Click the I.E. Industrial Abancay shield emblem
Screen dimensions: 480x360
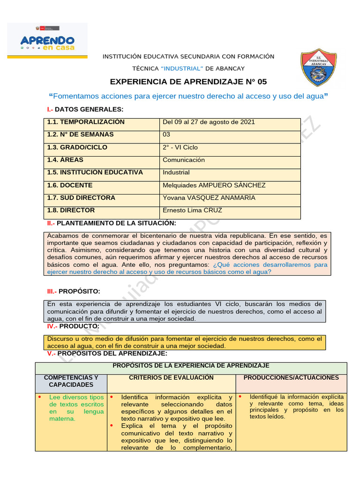pos(318,67)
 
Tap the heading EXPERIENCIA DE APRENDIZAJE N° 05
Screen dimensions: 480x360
pos(188,82)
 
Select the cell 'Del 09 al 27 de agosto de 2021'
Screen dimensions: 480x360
pos(209,122)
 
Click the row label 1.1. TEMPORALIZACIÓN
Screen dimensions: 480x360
pos(86,122)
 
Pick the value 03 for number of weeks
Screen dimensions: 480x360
pos(167,135)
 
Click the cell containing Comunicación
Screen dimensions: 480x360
pos(184,160)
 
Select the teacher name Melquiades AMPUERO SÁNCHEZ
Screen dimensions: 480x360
pos(214,185)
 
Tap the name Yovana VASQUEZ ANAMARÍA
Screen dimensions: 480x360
pos(209,198)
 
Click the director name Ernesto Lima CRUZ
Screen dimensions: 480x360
pos(192,210)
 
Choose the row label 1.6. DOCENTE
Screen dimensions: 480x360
pos(70,185)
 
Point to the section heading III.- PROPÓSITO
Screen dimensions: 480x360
pos(74,292)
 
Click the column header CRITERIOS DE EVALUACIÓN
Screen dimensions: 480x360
pos(171,378)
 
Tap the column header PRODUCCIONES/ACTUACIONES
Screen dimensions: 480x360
pos(291,378)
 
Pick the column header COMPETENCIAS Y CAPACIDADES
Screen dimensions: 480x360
pos(71,381)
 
